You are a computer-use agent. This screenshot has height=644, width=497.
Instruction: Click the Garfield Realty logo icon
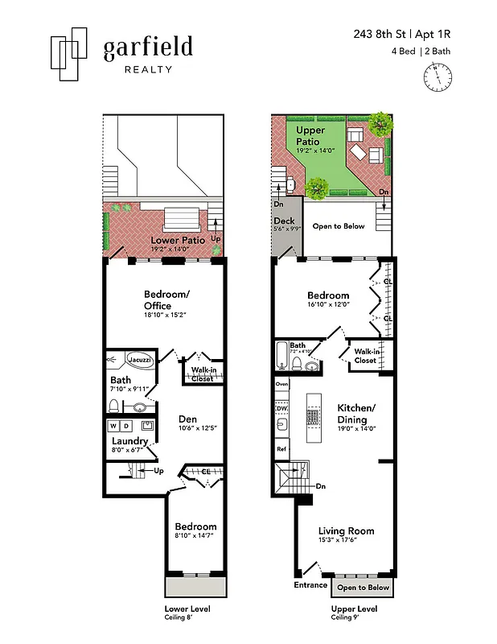(68, 53)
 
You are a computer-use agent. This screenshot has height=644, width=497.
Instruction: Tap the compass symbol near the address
(437, 76)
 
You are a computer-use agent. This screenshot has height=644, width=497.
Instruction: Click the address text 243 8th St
(381, 35)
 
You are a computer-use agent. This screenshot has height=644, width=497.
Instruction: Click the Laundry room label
(129, 441)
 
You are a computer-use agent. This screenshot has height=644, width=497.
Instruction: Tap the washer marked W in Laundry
(113, 425)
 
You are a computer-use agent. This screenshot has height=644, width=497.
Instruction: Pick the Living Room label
(346, 530)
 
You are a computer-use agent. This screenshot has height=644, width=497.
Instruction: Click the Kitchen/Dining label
(351, 413)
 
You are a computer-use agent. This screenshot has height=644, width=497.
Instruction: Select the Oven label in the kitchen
(281, 385)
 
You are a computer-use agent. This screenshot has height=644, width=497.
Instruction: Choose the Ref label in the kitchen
(281, 448)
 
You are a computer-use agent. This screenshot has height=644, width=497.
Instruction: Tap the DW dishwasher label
(281, 409)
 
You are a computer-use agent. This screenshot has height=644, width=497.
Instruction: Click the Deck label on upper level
(284, 221)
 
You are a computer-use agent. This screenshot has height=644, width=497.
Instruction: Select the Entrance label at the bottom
(310, 585)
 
